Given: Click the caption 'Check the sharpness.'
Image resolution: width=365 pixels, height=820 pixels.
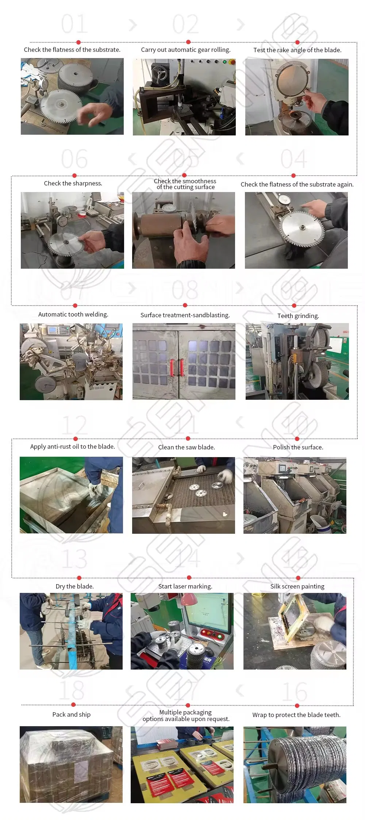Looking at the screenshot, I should point(73,183).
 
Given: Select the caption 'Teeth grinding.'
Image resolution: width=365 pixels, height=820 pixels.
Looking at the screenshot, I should point(298,316).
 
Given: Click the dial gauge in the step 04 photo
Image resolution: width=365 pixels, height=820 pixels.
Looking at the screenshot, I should point(283,200).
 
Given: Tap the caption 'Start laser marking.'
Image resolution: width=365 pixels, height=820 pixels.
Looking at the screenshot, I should point(185,586).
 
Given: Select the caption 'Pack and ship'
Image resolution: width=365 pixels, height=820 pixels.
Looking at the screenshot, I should point(72,714).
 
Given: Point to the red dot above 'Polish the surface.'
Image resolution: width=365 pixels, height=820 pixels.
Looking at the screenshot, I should point(297,438).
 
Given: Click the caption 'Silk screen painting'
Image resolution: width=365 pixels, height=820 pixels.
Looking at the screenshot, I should point(297,586).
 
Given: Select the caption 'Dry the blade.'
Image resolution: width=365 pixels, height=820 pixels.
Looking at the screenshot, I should point(74,586).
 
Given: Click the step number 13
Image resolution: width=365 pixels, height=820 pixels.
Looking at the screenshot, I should point(74,559).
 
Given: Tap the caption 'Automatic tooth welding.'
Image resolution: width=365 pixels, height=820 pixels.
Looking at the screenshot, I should point(73,314).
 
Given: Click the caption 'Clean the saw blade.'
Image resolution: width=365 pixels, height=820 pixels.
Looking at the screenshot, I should point(186,447).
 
